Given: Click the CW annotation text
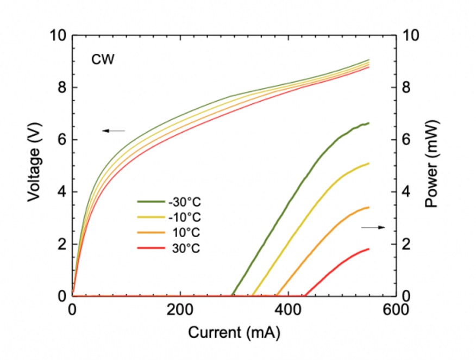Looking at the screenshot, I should coord(102,59).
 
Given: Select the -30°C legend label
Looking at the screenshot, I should coord(185,203).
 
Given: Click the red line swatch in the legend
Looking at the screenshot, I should coord(150,249).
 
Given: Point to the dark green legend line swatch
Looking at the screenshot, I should coord(150,203).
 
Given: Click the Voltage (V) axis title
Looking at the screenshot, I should coord(34,165).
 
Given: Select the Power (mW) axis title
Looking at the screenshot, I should coord(433,165).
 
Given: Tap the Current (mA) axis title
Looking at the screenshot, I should coord(234,333).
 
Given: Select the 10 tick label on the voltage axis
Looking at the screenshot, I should coord(58,35).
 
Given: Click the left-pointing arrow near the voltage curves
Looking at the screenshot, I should coord(114,131).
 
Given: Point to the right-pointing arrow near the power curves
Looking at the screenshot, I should coord(373,227).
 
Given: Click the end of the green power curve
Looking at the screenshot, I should coord(368,123).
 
